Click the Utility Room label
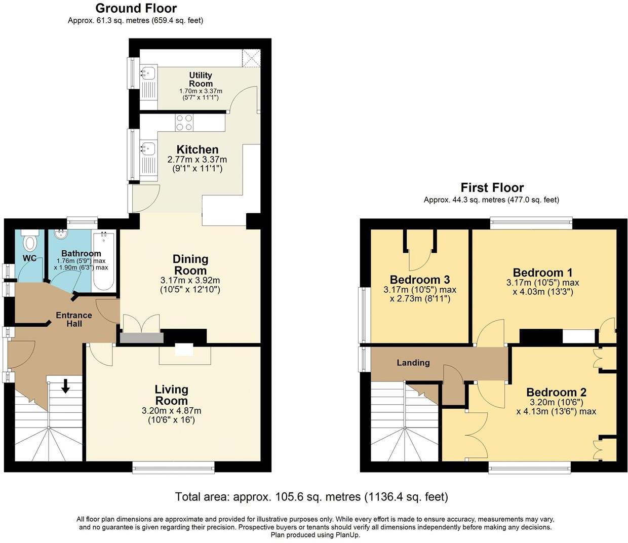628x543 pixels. (x=201, y=80)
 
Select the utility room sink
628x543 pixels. (x=149, y=73)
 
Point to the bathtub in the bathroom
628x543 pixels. (x=104, y=261)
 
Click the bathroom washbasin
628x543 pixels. (x=61, y=236)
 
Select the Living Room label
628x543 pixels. (x=171, y=395)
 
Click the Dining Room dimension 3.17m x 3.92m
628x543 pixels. (x=190, y=280)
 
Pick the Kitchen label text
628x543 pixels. (x=197, y=149)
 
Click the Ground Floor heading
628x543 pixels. (x=136, y=8)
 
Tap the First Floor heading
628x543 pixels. (x=491, y=187)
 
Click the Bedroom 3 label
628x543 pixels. (x=420, y=280)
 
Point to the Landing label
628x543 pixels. (x=413, y=363)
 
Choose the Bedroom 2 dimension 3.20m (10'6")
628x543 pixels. (x=556, y=402)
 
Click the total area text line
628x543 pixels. (x=311, y=496)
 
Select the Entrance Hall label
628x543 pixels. (x=74, y=319)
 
